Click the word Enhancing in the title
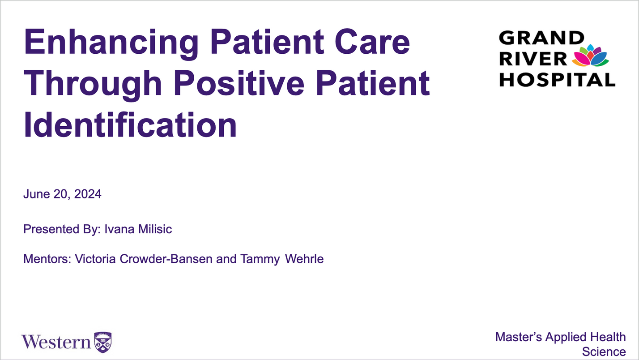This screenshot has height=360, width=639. (111, 43)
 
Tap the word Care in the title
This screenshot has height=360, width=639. (372, 42)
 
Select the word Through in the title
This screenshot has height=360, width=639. (93, 85)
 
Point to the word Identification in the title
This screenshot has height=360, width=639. (130, 124)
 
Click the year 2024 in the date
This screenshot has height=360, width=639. (88, 194)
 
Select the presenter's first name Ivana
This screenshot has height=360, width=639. (119, 229)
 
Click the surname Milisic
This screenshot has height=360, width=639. (155, 229)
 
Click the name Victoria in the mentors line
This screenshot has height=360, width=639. (95, 259)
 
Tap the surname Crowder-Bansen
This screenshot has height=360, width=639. (166, 259)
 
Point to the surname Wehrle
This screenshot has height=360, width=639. (304, 259)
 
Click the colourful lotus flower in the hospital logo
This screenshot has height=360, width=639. (590, 56)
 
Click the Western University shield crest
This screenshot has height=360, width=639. (103, 342)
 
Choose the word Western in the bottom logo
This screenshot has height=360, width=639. (56, 342)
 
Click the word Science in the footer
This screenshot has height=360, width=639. (604, 352)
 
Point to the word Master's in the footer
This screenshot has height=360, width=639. (518, 337)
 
